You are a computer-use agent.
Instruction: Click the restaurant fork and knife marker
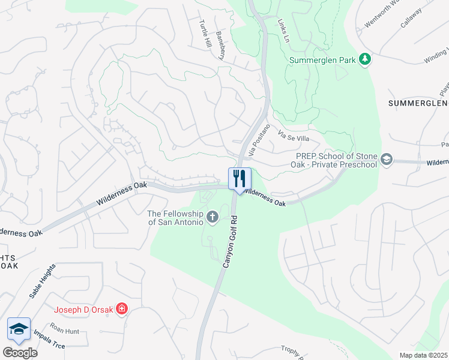(239, 178)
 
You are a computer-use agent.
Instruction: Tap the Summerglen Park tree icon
(364, 59)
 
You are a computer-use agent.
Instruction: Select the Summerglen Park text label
(322, 60)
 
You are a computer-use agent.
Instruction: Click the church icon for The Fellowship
(212, 217)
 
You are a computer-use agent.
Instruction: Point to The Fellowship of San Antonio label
(176, 217)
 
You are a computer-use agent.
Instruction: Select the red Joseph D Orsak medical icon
(122, 310)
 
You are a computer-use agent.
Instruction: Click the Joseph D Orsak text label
(83, 310)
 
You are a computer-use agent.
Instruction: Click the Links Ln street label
(283, 29)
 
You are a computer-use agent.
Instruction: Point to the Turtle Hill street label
(205, 34)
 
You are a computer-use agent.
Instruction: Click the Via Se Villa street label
(294, 138)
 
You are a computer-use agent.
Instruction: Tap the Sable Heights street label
(43, 281)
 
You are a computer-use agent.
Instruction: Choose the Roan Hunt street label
(65, 329)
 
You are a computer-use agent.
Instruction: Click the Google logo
(20, 352)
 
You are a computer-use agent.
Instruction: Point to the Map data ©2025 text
(423, 355)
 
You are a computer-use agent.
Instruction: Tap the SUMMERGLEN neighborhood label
(418, 103)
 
